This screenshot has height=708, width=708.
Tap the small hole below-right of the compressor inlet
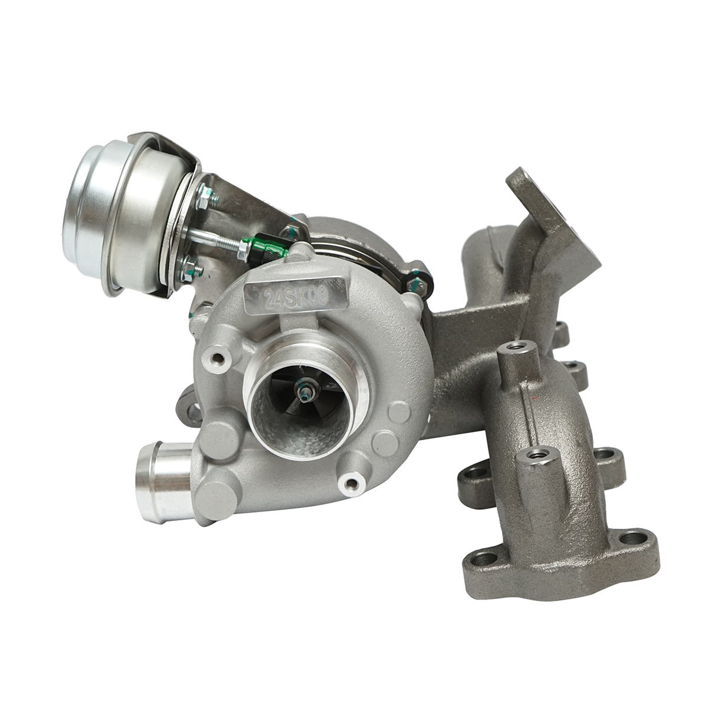coord(352,484)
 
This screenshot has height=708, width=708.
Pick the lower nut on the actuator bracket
coord(190,269)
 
